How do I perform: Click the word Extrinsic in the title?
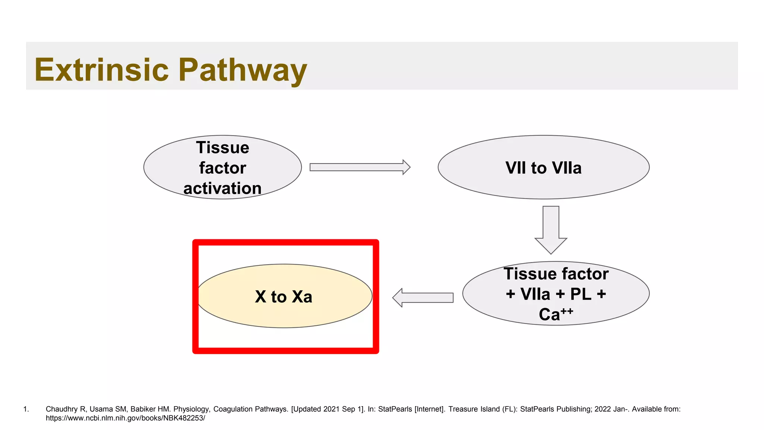(x=101, y=70)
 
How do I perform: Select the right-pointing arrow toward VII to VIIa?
(x=359, y=167)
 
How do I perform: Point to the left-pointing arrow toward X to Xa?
(x=423, y=297)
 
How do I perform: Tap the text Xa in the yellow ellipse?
(x=302, y=297)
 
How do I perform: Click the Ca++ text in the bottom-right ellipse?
(x=555, y=314)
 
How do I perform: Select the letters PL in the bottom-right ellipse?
(x=581, y=294)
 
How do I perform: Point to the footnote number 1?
(x=26, y=409)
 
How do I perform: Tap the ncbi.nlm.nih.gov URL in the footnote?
(x=125, y=418)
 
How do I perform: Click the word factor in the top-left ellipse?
(x=222, y=168)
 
